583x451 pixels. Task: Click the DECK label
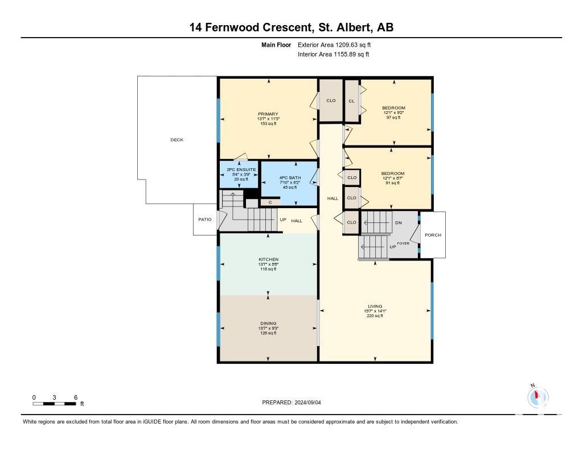point(177,140)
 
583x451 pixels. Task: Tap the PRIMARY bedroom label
point(268,114)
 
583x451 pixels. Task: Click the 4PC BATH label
point(290,178)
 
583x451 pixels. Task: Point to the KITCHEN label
point(269,259)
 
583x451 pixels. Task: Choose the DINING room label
point(269,323)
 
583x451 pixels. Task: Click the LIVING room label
point(375,306)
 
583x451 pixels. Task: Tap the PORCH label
point(433,235)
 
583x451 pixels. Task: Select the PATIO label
point(205,220)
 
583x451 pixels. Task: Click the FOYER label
point(403,243)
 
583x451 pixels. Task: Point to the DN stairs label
point(399,223)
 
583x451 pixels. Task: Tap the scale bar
point(54,404)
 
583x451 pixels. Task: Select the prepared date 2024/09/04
point(307,402)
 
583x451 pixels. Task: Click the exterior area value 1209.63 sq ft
point(353,44)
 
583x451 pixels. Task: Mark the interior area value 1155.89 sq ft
point(351,54)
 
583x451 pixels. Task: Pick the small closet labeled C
point(270,202)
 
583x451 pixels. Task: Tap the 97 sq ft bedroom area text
point(393,117)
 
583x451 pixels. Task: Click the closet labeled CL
point(352,101)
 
